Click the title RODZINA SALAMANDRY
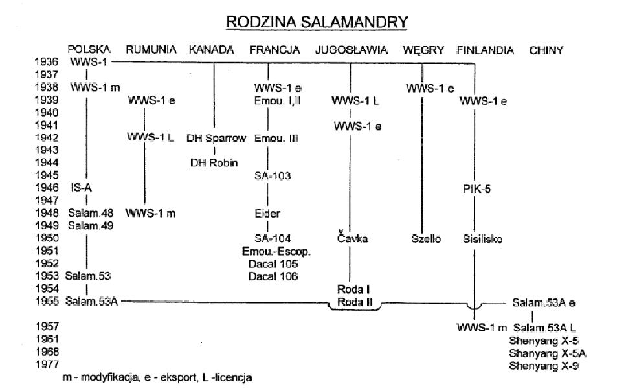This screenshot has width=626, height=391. click(316, 22)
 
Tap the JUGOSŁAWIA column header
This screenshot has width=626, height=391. click(352, 50)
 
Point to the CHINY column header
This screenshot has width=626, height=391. click(546, 50)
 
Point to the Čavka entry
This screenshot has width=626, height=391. click(352, 239)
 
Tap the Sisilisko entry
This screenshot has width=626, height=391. click(480, 239)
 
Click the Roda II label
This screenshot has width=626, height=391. click(353, 302)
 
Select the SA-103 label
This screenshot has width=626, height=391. click(269, 175)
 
